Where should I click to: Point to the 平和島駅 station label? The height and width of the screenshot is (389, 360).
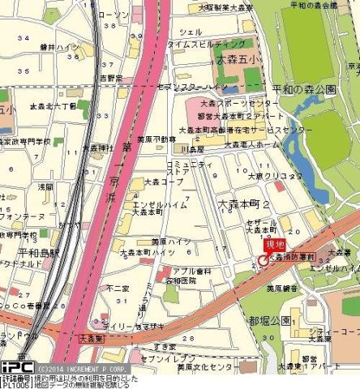33,252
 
